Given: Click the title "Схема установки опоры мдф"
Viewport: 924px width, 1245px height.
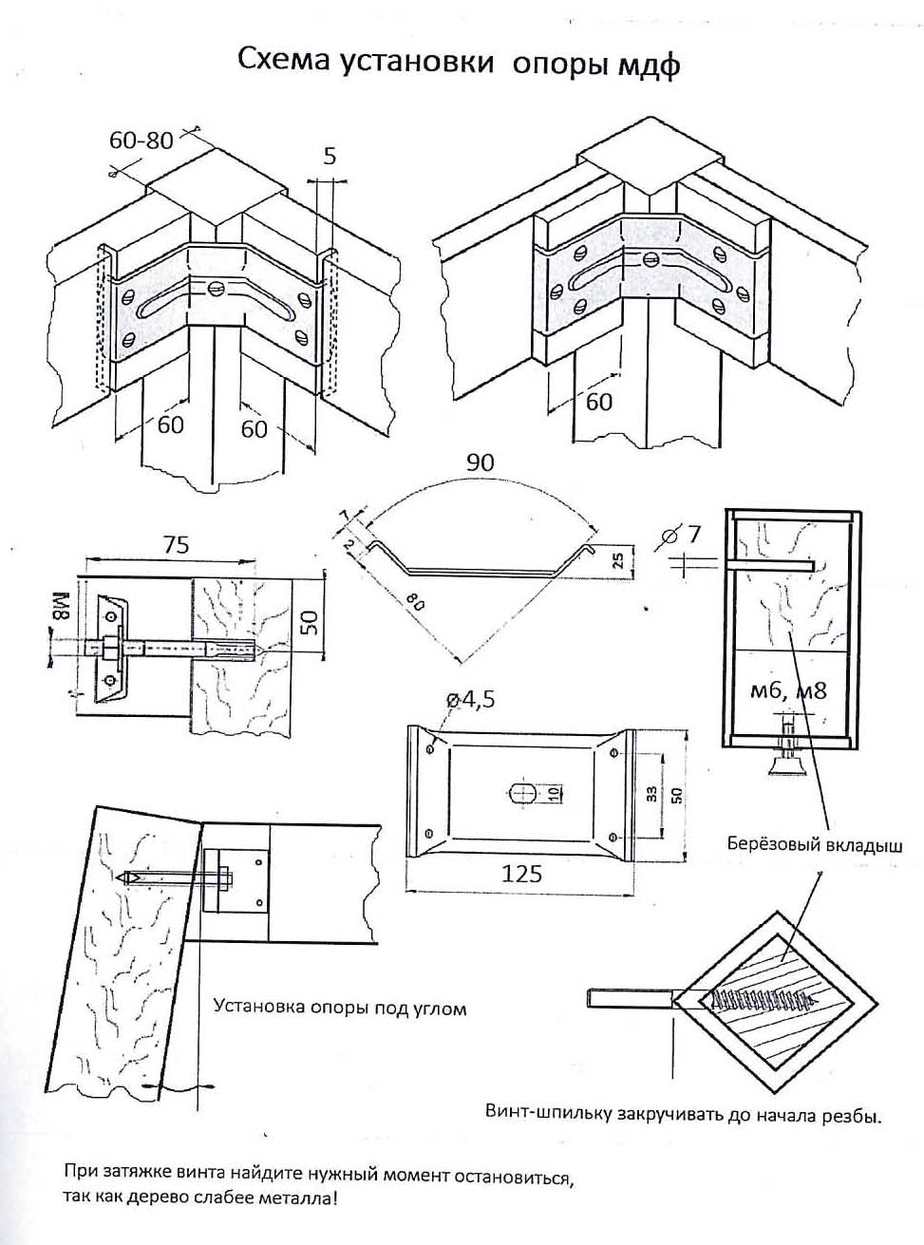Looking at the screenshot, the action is click(459, 62).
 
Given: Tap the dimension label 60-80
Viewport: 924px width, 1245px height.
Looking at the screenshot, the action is click(141, 140).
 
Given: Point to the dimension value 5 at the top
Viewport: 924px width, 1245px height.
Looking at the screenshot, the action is click(330, 156).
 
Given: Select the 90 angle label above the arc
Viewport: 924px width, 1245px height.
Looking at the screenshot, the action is click(481, 462).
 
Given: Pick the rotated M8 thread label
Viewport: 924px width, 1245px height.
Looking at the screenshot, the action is click(61, 605).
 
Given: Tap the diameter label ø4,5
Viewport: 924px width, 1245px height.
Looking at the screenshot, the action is click(470, 700).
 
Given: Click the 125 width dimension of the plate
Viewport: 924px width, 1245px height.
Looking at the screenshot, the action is click(521, 874).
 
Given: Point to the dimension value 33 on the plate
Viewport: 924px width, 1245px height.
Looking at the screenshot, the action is click(651, 794).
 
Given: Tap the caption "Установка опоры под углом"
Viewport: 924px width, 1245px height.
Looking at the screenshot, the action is click(340, 1009).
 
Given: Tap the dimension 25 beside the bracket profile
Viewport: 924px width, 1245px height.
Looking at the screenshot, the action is click(618, 561).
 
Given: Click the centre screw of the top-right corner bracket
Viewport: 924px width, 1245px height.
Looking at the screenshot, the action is click(650, 258).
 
